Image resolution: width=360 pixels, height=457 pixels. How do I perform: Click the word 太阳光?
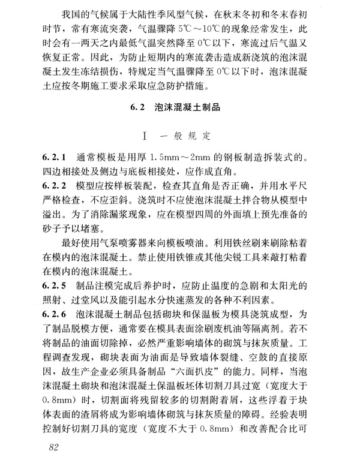click(x=322, y=283)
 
